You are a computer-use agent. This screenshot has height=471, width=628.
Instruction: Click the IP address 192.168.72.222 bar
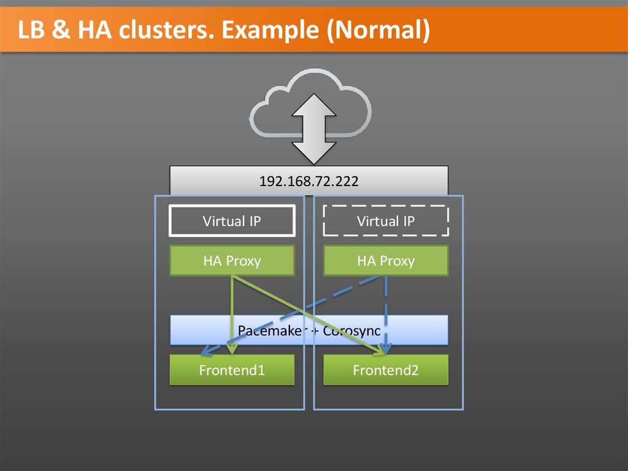pyautogui.click(x=308, y=181)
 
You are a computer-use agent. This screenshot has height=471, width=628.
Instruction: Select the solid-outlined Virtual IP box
pyautogui.click(x=232, y=221)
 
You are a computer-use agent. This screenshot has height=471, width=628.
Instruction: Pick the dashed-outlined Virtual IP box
pyautogui.click(x=386, y=221)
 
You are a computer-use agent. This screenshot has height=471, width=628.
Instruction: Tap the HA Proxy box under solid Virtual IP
pyautogui.click(x=232, y=261)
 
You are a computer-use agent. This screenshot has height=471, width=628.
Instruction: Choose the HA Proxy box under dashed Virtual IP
pyautogui.click(x=386, y=261)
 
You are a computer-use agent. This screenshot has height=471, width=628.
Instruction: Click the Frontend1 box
pyautogui.click(x=232, y=370)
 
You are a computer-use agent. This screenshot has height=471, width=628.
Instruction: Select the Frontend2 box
pyautogui.click(x=386, y=370)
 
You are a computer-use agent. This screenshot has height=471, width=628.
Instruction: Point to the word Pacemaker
pyautogui.click(x=264, y=330)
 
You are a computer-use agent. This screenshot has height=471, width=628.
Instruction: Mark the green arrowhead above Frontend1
pyautogui.click(x=231, y=349)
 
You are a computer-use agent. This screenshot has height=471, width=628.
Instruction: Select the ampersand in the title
pyautogui.click(x=61, y=30)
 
